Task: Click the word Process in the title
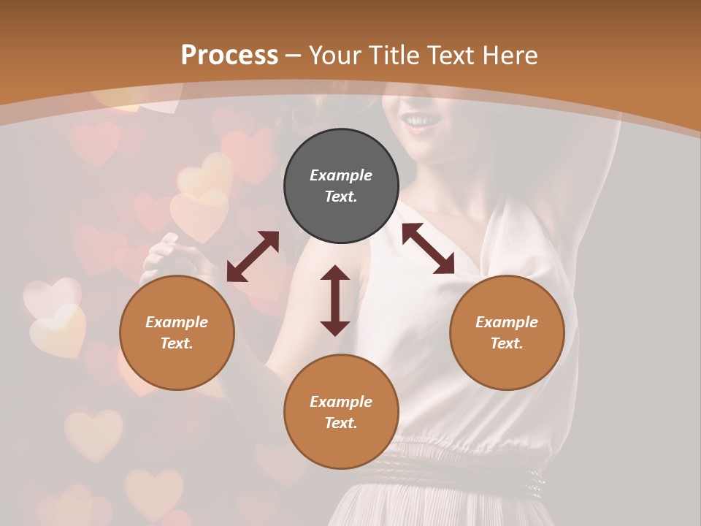[229, 56]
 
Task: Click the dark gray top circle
[341, 186]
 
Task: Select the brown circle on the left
[177, 332]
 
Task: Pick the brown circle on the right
[507, 332]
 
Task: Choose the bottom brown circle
[341, 412]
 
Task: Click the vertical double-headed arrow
[335, 300]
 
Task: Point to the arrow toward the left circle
[253, 256]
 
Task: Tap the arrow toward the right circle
[428, 248]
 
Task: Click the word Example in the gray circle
[341, 175]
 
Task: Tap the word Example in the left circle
[177, 322]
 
